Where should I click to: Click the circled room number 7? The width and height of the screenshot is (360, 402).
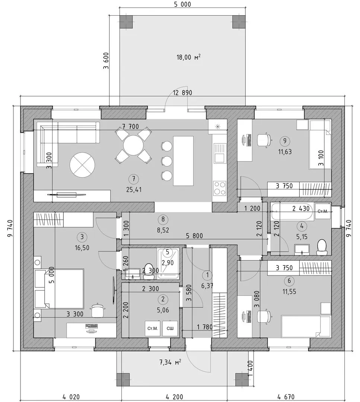(x=134, y=179)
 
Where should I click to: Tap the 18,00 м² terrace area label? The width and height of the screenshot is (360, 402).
(x=188, y=57)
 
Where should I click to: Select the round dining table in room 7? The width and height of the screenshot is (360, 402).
(x=133, y=145)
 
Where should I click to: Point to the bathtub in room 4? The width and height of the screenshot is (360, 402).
(x=292, y=212)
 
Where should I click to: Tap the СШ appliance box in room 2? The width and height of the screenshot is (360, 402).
(x=170, y=328)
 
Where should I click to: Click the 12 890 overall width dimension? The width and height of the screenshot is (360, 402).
(x=182, y=93)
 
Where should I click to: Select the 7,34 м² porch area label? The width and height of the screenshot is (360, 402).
(x=170, y=362)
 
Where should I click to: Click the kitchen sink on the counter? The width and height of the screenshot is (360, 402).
(x=220, y=153)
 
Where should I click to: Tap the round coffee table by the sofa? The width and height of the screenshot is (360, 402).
(x=82, y=165)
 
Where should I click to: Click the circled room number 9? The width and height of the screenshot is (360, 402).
(x=285, y=141)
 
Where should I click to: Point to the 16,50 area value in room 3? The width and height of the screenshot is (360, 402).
(x=82, y=248)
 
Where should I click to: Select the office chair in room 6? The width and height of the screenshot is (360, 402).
(x=264, y=317)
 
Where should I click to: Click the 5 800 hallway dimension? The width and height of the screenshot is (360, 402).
(x=194, y=235)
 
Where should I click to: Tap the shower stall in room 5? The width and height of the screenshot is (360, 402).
(x=168, y=263)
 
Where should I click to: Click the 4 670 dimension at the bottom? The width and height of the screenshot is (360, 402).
(x=286, y=397)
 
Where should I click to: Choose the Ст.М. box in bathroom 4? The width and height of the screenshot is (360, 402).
(x=322, y=211)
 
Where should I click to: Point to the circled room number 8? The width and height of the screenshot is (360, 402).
(x=163, y=219)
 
